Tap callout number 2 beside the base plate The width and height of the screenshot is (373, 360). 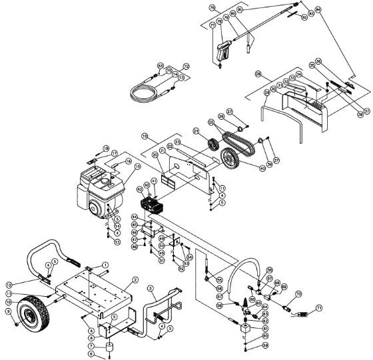[135, 279]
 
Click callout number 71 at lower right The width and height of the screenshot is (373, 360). [318, 308]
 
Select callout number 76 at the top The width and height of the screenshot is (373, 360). [212, 8]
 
